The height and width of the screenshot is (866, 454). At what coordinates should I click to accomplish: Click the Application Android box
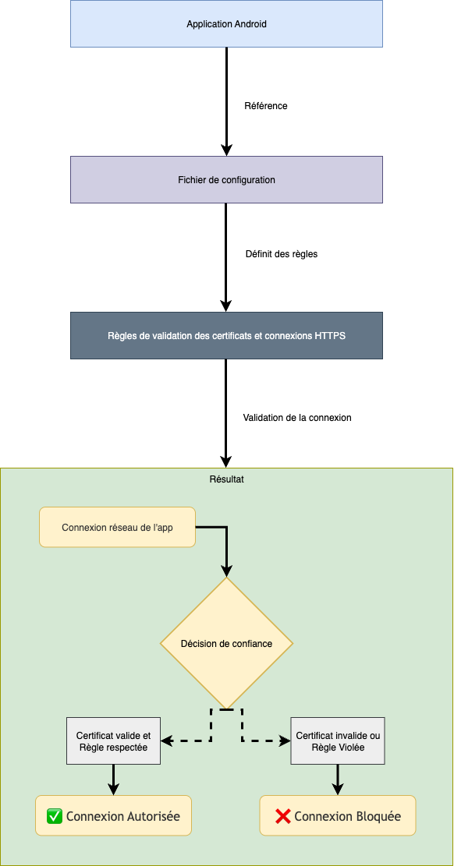coord(226,24)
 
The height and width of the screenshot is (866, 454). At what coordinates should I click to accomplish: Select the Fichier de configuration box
coord(226,180)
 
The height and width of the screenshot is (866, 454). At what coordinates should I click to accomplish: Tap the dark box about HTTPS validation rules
coord(226,336)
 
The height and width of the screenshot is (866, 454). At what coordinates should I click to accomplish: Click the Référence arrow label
coord(266,106)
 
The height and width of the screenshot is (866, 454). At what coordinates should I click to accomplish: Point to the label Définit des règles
coord(282,254)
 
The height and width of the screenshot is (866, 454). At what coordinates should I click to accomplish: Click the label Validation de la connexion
coord(297,418)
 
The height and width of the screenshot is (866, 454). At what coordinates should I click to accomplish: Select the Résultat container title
coord(227,479)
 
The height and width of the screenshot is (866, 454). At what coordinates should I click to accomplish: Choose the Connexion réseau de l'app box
coord(117,528)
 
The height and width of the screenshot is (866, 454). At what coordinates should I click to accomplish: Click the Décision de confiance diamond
coord(226,644)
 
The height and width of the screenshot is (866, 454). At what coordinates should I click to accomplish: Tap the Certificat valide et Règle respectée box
coord(114,741)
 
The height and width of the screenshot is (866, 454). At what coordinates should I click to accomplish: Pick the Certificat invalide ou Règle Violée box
coord(338,741)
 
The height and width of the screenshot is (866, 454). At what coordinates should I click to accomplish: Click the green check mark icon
coord(55,816)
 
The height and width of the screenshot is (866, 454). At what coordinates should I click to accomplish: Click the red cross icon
coord(282,816)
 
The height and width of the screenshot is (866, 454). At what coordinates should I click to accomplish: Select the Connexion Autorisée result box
coord(114,816)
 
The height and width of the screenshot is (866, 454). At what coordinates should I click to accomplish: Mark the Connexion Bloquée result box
coord(338,816)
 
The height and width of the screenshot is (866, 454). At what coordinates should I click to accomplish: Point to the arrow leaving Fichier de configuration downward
coord(226,257)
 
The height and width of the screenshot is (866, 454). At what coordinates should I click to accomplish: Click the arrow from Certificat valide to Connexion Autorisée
coord(114,779)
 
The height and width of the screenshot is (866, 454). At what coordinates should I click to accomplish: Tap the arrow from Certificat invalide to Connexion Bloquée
coord(338,779)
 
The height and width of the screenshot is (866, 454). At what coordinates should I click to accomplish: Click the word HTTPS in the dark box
coord(330,336)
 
